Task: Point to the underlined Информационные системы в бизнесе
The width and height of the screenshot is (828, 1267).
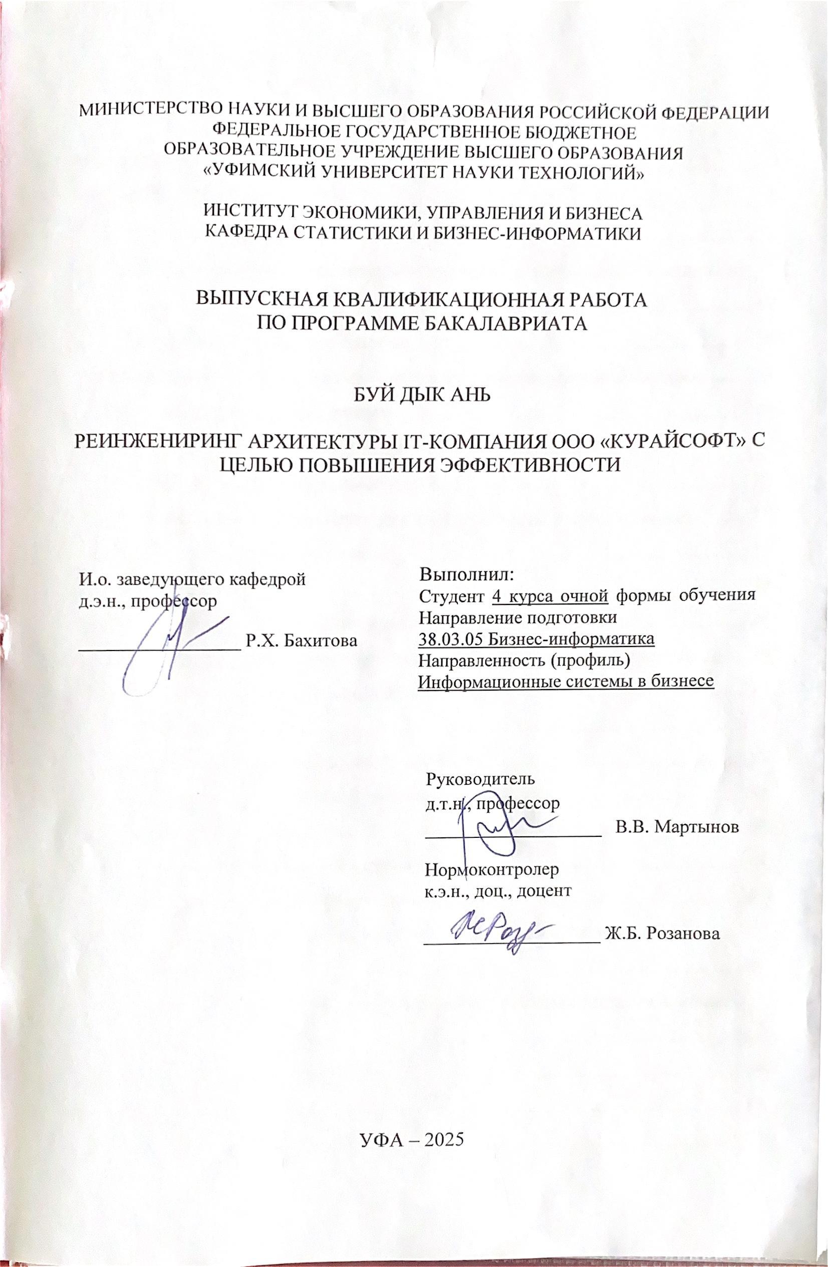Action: point(566,682)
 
